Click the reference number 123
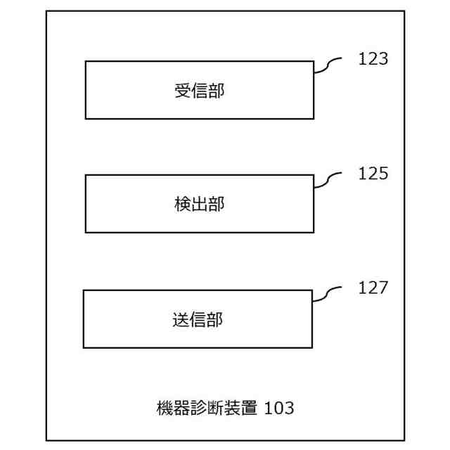click(373, 59)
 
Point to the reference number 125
click(373, 174)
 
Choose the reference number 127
click(373, 288)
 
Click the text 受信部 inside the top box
click(200, 91)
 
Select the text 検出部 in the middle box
click(200, 205)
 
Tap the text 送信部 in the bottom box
click(198, 320)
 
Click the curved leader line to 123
click(328, 65)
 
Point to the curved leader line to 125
click(328, 180)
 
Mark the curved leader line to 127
click(326, 295)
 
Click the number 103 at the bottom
click(279, 407)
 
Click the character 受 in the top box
click(183, 91)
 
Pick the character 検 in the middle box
click(183, 205)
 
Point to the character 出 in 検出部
click(200, 205)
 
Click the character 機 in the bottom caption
click(165, 407)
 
